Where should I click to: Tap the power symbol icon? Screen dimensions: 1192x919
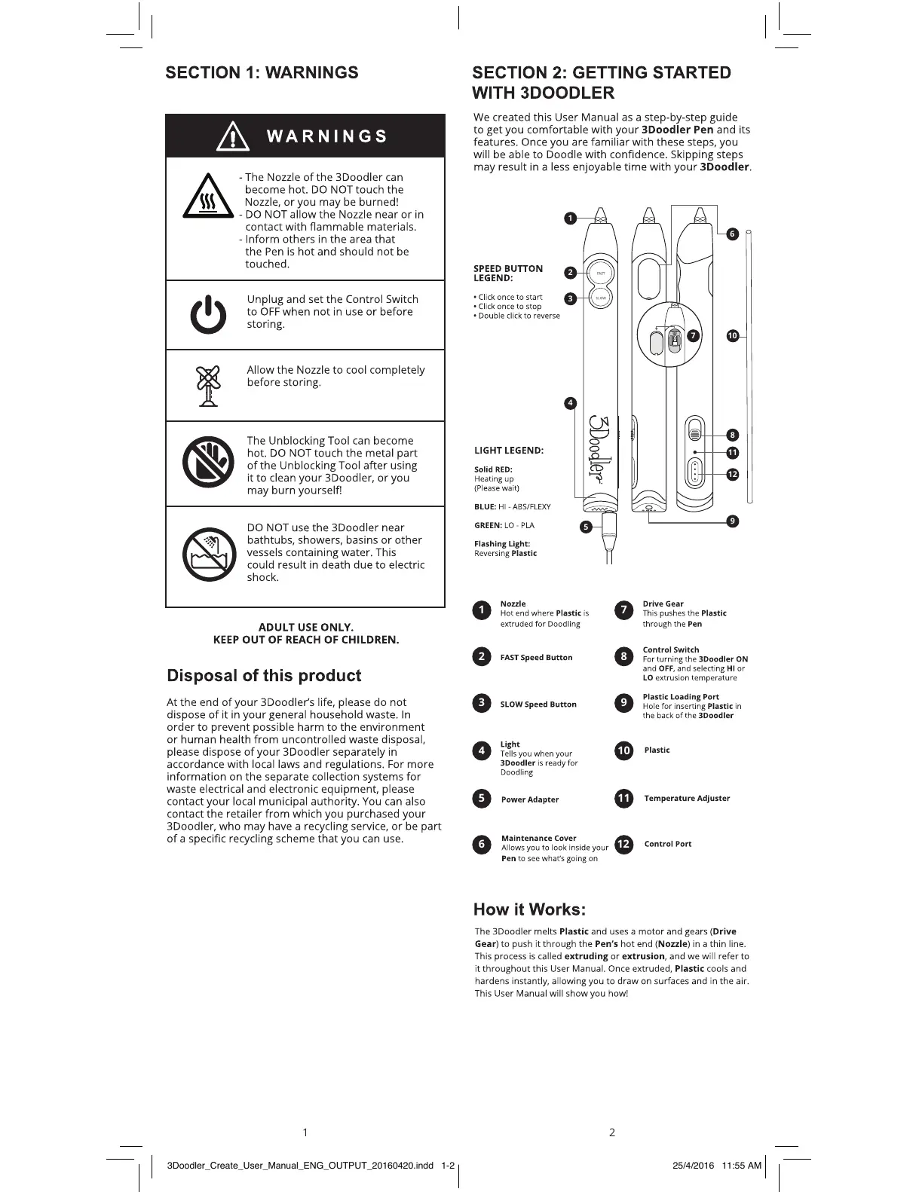[207, 315]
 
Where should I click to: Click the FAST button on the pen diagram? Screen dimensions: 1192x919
[601, 273]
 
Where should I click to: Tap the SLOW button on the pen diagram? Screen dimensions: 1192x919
[601, 298]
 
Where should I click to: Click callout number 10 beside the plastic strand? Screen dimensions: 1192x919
[732, 336]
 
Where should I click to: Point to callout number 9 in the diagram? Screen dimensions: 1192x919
[732, 521]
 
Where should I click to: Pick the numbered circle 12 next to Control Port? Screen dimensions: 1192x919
[623, 844]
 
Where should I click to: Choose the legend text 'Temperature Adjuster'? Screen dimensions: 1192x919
[687, 799]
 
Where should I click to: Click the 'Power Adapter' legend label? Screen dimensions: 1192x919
[530, 799]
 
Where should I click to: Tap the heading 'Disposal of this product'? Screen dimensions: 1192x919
[264, 676]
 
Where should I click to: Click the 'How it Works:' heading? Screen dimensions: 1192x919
[529, 909]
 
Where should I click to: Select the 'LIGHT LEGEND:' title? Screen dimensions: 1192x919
[509, 451]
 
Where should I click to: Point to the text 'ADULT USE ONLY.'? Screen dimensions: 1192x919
[305, 627]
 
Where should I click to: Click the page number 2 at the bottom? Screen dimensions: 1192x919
[612, 1132]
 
